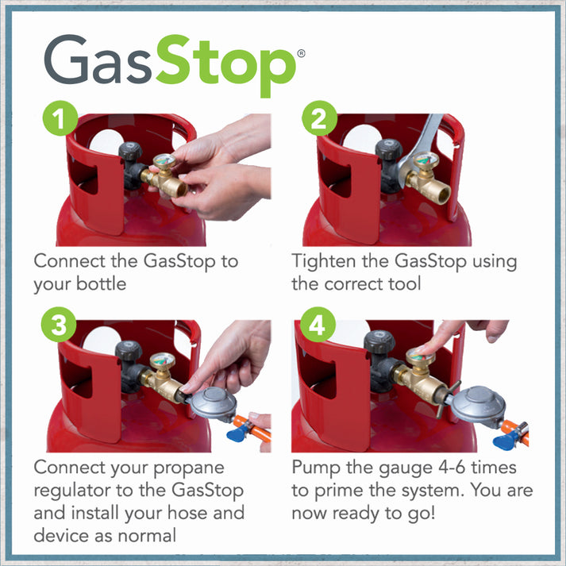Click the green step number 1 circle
click(x=59, y=121)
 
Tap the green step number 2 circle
click(x=319, y=121)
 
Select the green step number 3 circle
click(x=59, y=327)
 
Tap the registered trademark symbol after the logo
click(x=300, y=53)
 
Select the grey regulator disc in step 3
click(x=212, y=405)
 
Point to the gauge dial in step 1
click(x=164, y=162)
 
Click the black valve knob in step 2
click(x=390, y=152)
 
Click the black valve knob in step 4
click(x=379, y=344)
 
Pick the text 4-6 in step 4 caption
click(x=439, y=467)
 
